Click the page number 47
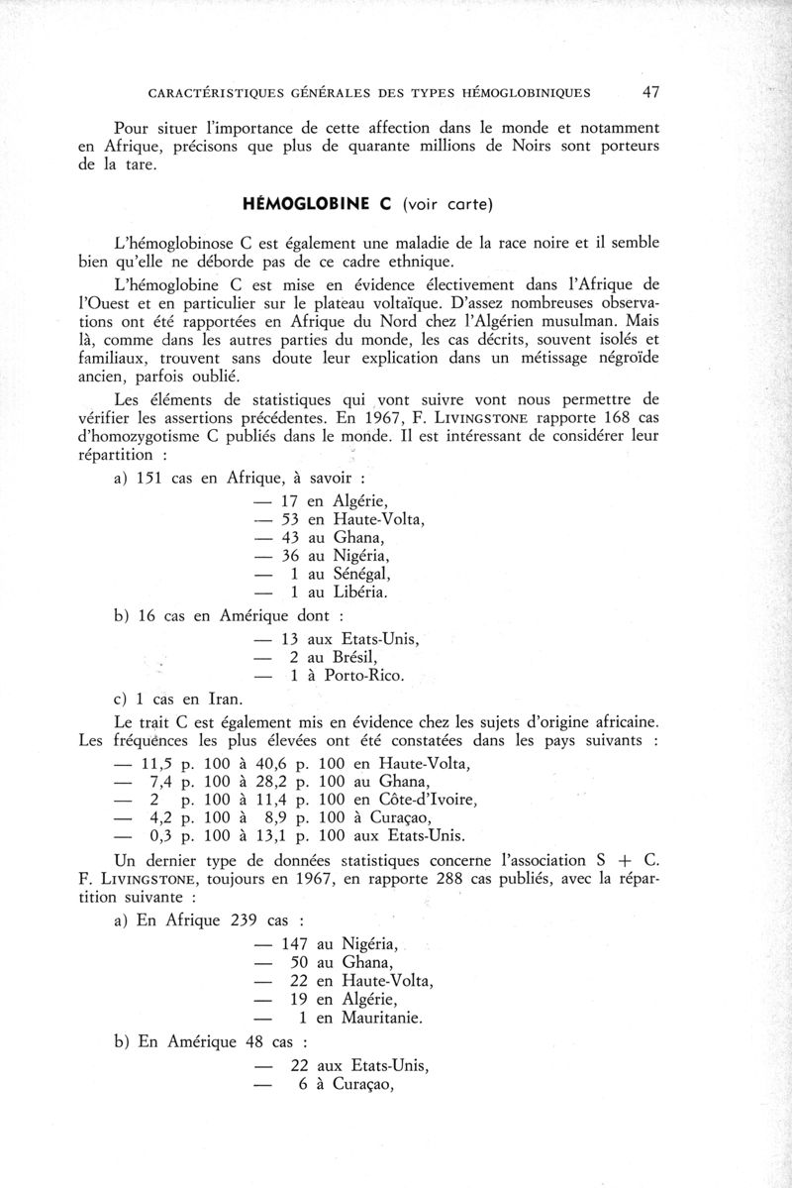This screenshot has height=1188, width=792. click(x=651, y=93)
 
